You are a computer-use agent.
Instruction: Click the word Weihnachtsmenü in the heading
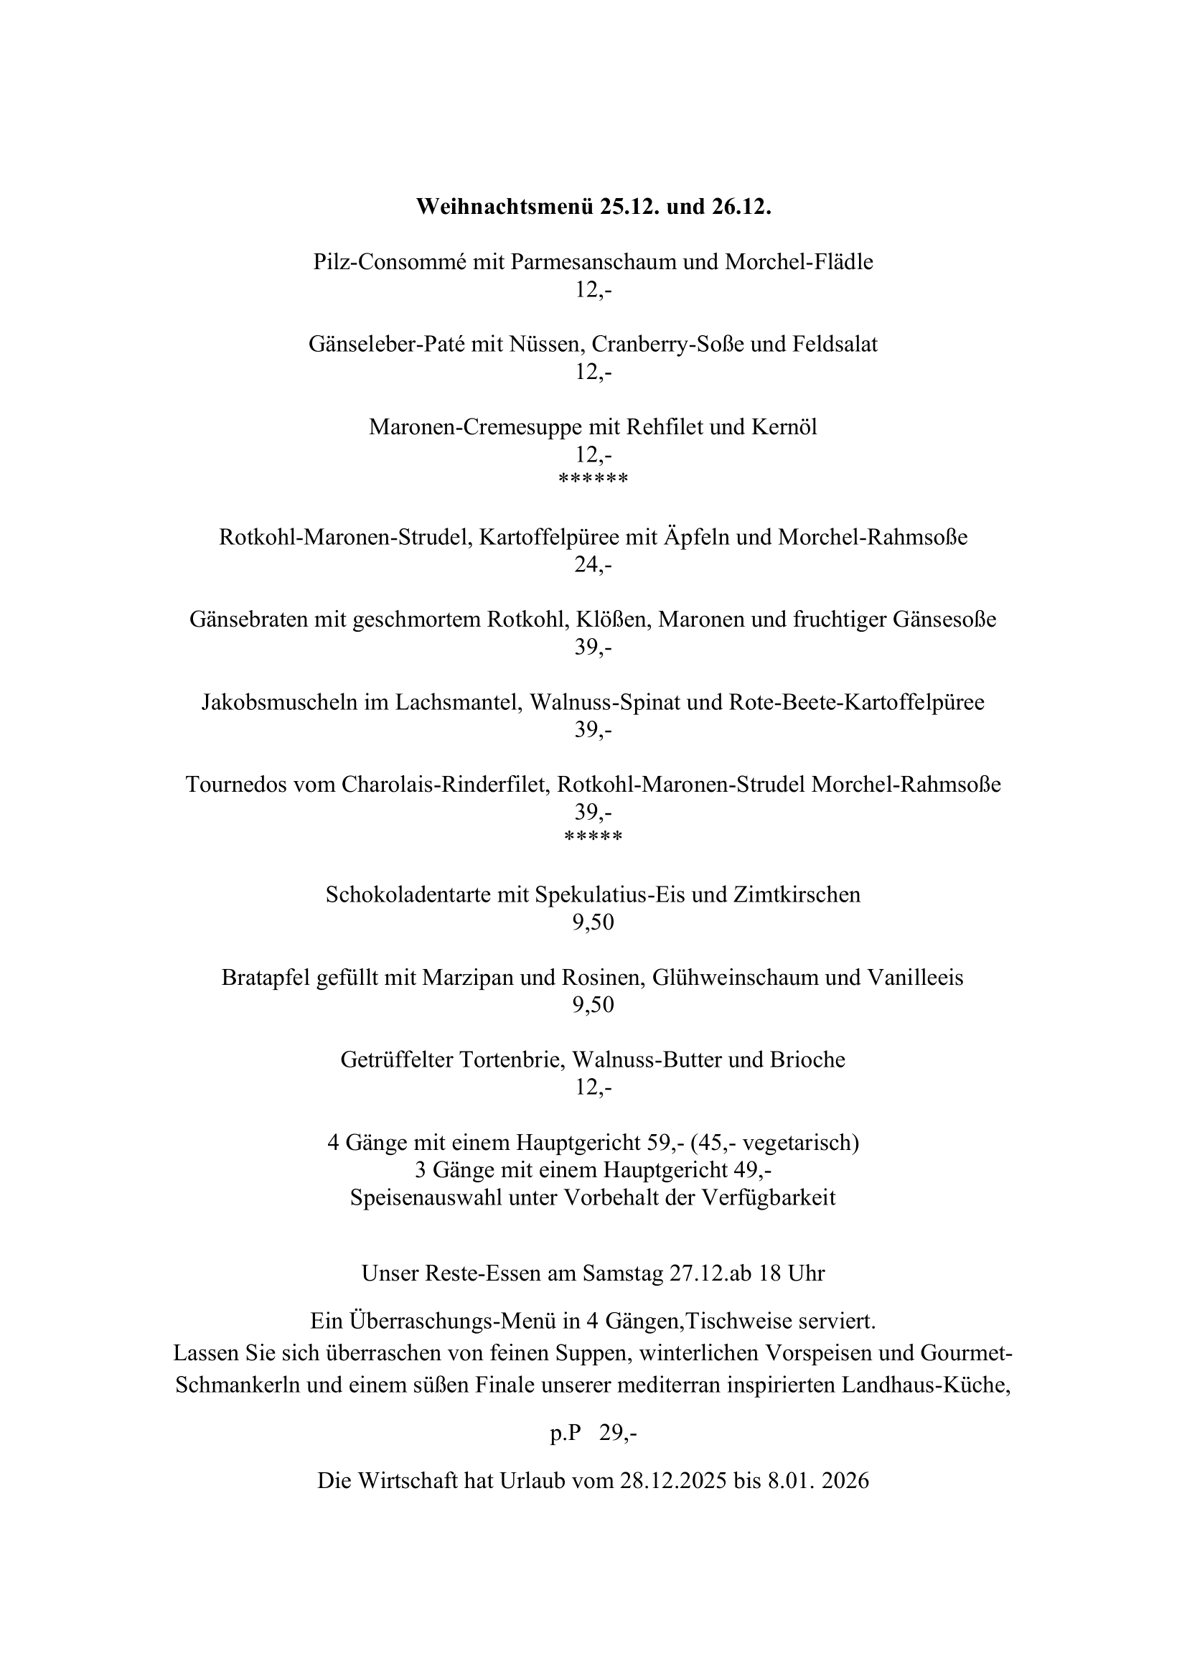pyautogui.click(x=505, y=207)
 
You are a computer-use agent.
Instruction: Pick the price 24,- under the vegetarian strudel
pyautogui.click(x=593, y=565)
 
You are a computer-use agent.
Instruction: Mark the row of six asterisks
pyautogui.click(x=593, y=480)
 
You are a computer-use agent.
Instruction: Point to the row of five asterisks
pyautogui.click(x=593, y=837)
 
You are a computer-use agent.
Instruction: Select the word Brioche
pyautogui.click(x=807, y=1060)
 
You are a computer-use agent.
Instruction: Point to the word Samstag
pyautogui.click(x=622, y=1273)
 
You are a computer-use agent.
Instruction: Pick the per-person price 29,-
pyautogui.click(x=618, y=1434)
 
